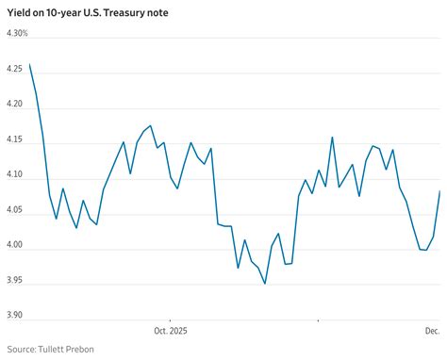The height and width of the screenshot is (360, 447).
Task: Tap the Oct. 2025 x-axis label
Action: pos(172,331)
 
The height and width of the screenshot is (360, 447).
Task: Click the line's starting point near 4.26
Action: pos(30,65)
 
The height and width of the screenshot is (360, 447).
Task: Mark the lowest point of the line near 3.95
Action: pos(264,283)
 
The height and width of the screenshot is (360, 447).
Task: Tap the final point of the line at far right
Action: pos(440,191)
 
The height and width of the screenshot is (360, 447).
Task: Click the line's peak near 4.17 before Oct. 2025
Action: pos(150,125)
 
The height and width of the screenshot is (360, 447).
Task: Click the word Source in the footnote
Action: pos(18,350)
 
